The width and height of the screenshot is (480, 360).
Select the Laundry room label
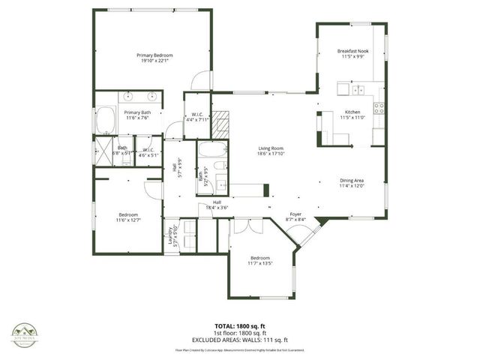(171, 236)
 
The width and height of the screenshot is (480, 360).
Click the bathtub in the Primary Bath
(105, 120)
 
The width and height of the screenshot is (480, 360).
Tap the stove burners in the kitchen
(379, 106)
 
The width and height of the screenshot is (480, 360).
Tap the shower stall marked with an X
(102, 147)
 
